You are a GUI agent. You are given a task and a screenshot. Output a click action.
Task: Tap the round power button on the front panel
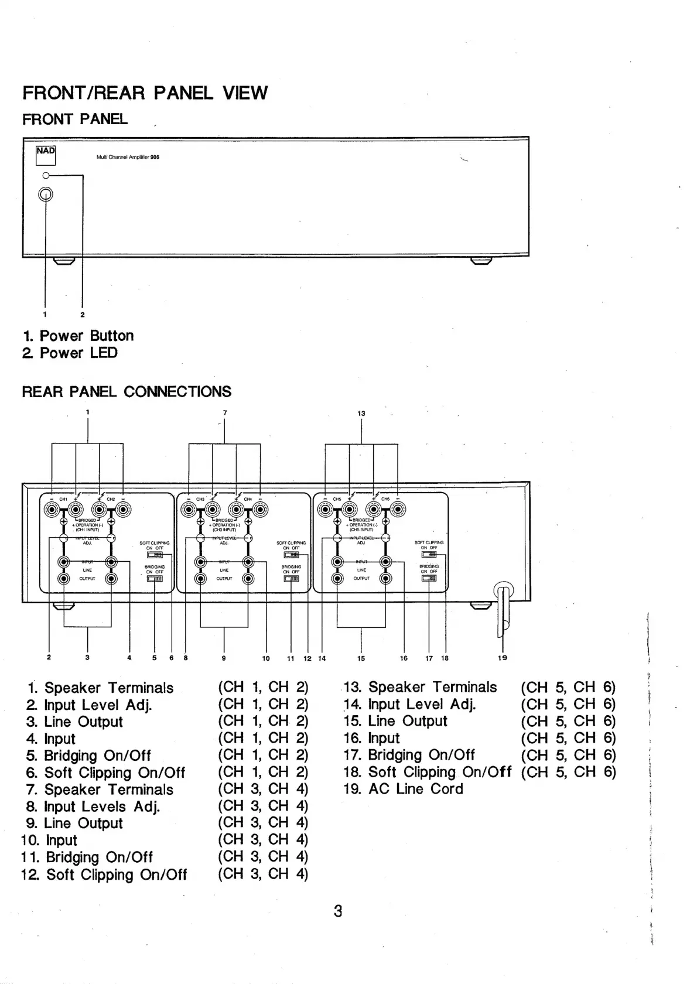pyautogui.click(x=46, y=194)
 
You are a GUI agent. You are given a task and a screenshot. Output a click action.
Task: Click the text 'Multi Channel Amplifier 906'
pyautogui.click(x=128, y=157)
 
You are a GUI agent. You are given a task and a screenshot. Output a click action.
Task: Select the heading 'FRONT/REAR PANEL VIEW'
pyautogui.click(x=145, y=93)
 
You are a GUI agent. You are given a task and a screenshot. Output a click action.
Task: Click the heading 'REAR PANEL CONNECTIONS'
pyautogui.click(x=127, y=391)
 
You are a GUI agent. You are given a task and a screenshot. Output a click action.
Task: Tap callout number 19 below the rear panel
pyautogui.click(x=502, y=658)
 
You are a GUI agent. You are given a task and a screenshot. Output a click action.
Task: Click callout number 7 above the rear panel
pyautogui.click(x=225, y=413)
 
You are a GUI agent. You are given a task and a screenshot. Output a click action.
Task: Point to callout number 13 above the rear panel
pyautogui.click(x=361, y=414)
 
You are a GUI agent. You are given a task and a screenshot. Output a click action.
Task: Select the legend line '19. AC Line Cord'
pyautogui.click(x=404, y=789)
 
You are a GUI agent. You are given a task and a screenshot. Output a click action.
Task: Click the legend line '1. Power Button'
pyautogui.click(x=78, y=336)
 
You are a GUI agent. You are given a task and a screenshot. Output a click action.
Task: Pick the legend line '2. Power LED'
pyautogui.click(x=70, y=353)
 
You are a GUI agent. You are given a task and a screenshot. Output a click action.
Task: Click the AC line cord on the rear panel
pyautogui.click(x=503, y=609)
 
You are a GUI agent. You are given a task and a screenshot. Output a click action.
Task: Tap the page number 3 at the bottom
pyautogui.click(x=337, y=911)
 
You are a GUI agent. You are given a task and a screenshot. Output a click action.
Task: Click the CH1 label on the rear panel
pyautogui.click(x=63, y=499)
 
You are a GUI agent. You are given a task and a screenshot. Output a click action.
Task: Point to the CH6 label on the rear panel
pyautogui.click(x=385, y=499)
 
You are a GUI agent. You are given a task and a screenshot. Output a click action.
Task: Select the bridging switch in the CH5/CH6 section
pyautogui.click(x=429, y=578)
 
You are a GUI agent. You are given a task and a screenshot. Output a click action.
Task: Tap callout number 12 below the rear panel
pyautogui.click(x=307, y=658)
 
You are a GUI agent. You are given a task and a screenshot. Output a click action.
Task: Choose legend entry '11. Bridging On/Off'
pyautogui.click(x=88, y=857)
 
